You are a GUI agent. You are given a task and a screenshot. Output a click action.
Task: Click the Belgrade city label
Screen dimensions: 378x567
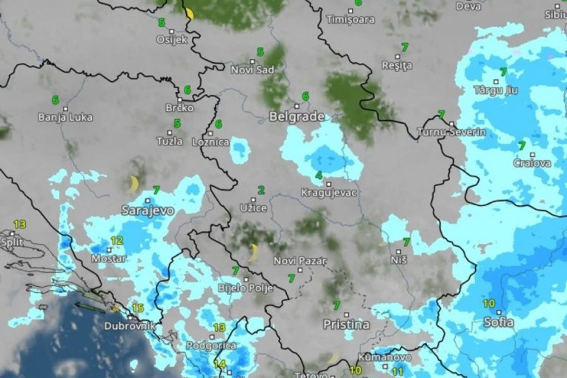tap(296, 117)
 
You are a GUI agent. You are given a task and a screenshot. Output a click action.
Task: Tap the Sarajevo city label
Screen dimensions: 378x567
tap(147, 210)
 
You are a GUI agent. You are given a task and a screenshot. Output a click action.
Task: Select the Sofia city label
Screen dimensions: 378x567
tap(498, 322)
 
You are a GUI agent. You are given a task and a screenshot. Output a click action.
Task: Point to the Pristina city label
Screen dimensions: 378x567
tap(346, 325)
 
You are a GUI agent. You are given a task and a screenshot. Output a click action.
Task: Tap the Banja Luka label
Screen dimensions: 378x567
tap(65, 117)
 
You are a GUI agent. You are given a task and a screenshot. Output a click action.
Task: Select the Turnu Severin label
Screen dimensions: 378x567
tap(451, 132)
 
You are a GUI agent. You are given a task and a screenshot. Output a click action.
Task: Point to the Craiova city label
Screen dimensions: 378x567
tap(532, 163)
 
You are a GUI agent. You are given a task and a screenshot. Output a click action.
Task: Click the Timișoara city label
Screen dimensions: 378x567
tap(351, 20)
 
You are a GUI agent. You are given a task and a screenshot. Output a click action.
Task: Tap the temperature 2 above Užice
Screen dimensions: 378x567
tap(261, 190)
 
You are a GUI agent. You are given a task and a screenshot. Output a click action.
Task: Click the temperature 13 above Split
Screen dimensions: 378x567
tap(19, 224)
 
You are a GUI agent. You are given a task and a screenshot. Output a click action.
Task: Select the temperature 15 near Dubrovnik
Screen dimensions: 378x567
tap(137, 308)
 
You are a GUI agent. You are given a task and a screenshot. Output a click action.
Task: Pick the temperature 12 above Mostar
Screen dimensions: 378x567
tap(117, 241)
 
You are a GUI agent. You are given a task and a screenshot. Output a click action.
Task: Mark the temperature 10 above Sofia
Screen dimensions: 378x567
tap(489, 303)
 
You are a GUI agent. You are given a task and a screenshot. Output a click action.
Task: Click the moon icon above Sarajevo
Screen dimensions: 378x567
tap(134, 184)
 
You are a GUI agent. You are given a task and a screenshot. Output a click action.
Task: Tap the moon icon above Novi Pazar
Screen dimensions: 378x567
tap(253, 253)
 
